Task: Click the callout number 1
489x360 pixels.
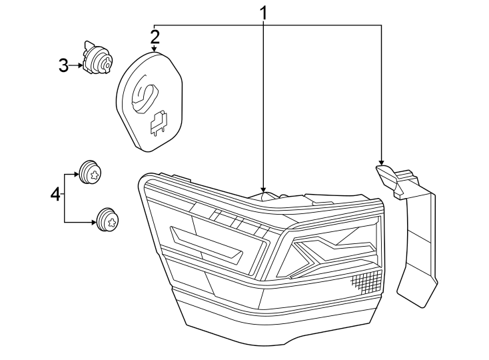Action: pyautogui.click(x=264, y=12)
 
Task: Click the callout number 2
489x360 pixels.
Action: pyautogui.click(x=155, y=35)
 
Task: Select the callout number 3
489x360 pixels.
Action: pyautogui.click(x=63, y=65)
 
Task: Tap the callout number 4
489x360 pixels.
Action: pyautogui.click(x=56, y=195)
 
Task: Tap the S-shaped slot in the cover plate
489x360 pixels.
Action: pyautogui.click(x=145, y=93)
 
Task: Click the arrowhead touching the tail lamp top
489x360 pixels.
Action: pyautogui.click(x=264, y=190)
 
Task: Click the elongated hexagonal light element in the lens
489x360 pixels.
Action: pyautogui.click(x=207, y=243)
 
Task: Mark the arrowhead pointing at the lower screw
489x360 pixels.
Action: pyautogui.click(x=94, y=222)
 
